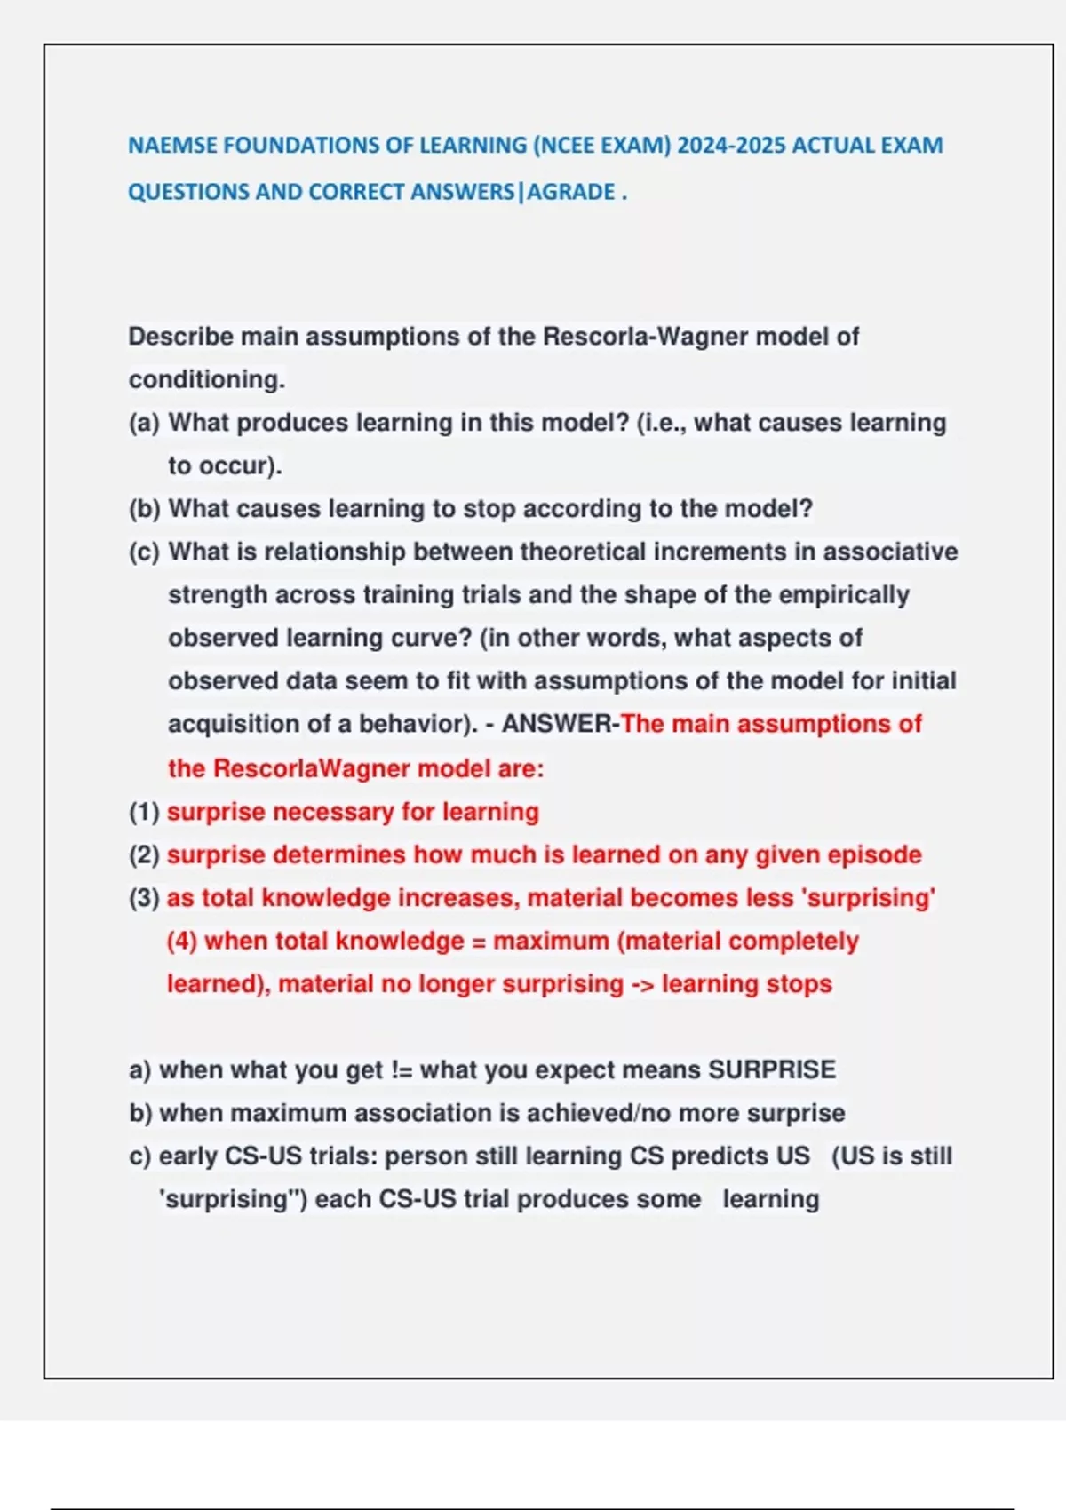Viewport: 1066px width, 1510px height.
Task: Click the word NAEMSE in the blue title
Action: coord(172,146)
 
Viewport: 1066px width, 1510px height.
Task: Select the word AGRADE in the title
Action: coord(571,192)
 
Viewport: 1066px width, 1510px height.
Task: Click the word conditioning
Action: coord(206,380)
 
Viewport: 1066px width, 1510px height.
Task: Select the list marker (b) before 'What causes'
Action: coord(144,509)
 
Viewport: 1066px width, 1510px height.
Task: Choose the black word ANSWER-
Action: coord(561,724)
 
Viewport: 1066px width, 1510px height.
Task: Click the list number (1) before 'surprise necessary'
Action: coord(144,812)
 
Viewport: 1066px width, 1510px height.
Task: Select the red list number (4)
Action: coord(182,941)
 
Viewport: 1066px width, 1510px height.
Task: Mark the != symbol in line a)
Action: coord(402,1070)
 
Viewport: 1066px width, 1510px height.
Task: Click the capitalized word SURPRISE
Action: coord(771,1070)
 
